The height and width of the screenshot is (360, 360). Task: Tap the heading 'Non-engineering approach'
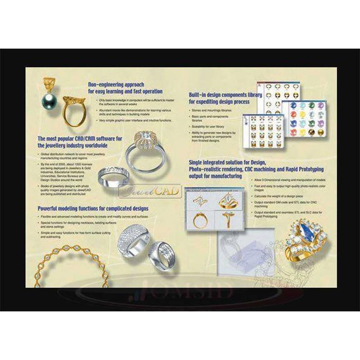pyautogui.click(x=116, y=84)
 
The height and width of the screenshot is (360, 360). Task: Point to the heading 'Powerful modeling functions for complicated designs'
pyautogui.click(x=93, y=209)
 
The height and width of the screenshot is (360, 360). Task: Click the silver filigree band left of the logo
pyautogui.click(x=113, y=173)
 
